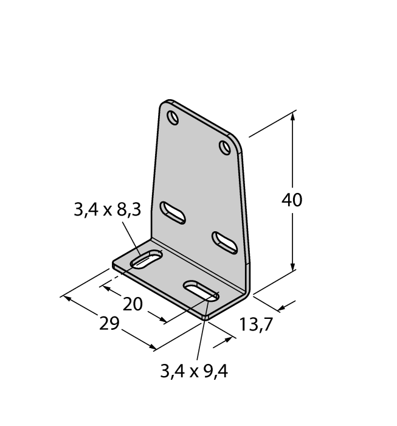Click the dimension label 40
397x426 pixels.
tap(291, 200)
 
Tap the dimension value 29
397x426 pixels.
tap(109, 323)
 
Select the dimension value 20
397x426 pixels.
tap(133, 304)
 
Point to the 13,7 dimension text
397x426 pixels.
tap(255, 324)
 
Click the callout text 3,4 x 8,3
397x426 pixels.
tap(108, 210)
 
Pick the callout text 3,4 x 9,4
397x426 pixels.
tap(194, 371)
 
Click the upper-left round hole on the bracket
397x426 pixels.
tap(173, 117)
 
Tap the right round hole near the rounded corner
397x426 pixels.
tap(225, 148)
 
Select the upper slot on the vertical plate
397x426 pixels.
tap(173, 213)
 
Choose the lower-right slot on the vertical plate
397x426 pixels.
tap(225, 243)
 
